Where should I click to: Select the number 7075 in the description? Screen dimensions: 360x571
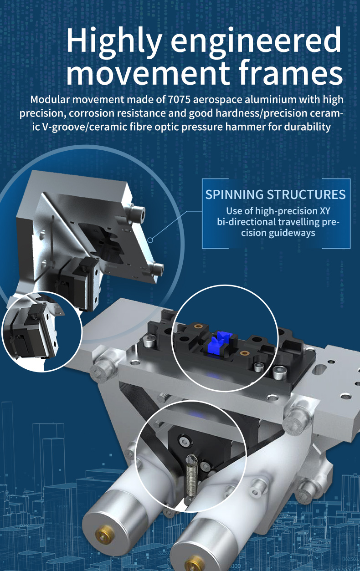[179, 99]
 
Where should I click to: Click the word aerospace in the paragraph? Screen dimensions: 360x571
[217, 100]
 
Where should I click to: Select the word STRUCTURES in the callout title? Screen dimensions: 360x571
[306, 194]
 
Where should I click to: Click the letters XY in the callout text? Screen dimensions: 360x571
[325, 211]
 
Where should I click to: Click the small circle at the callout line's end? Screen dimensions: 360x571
[150, 240]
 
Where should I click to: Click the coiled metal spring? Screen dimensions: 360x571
[191, 475]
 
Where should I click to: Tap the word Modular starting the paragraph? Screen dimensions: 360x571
[50, 99]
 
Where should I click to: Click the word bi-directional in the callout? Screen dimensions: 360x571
[246, 222]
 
